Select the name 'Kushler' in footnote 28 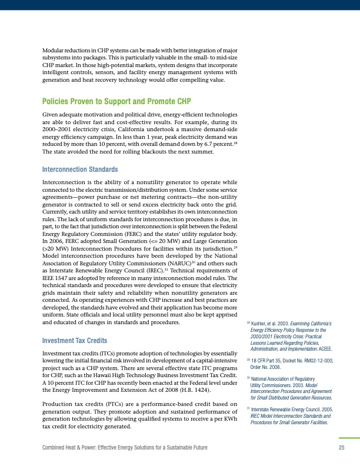point(259,324)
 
